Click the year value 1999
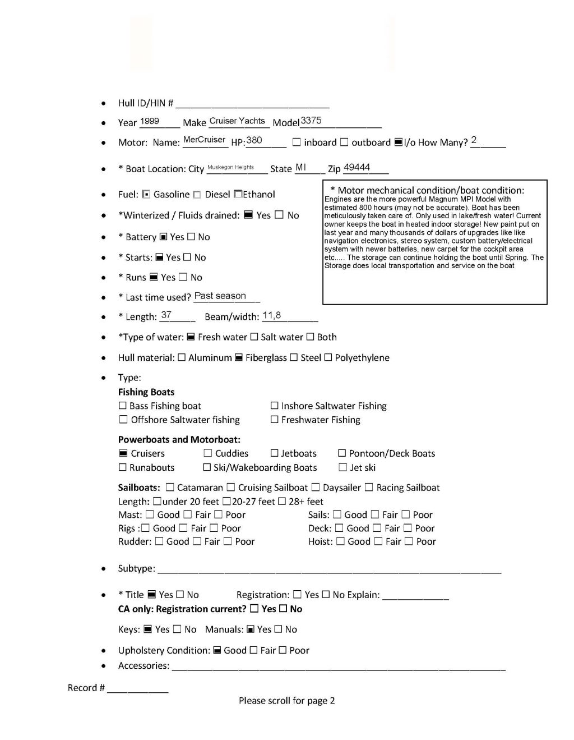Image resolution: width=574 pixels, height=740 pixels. coord(150,121)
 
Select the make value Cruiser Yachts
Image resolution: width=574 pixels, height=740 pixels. coord(237,121)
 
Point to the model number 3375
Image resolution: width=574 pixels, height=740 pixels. coord(311,121)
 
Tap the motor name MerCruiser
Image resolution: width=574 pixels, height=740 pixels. coord(204,140)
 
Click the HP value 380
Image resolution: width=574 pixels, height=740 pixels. coord(254,140)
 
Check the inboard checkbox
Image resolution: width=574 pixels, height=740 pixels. coord(297,143)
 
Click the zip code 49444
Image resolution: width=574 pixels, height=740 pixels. coord(357,167)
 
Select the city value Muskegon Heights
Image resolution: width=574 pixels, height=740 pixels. coord(230,167)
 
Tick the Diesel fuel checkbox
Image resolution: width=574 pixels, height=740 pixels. coord(197,195)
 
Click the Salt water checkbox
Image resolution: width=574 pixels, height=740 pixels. coord(254,337)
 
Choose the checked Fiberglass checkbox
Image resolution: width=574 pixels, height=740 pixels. coord(239,358)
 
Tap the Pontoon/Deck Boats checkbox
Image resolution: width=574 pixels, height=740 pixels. coord(342,453)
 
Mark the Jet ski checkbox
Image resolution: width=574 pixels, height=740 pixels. coord(342,467)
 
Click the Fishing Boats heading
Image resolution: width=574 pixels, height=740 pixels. coord(146,392)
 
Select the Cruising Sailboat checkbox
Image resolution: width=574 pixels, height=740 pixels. coord(231,488)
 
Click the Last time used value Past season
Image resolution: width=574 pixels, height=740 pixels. coord(220,296)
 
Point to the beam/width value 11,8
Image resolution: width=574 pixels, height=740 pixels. coord(272,315)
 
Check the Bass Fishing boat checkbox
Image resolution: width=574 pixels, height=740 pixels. coord(123,406)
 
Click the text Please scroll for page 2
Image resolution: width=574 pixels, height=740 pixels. coord(286,700)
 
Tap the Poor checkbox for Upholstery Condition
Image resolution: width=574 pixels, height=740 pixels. coord(283,650)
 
